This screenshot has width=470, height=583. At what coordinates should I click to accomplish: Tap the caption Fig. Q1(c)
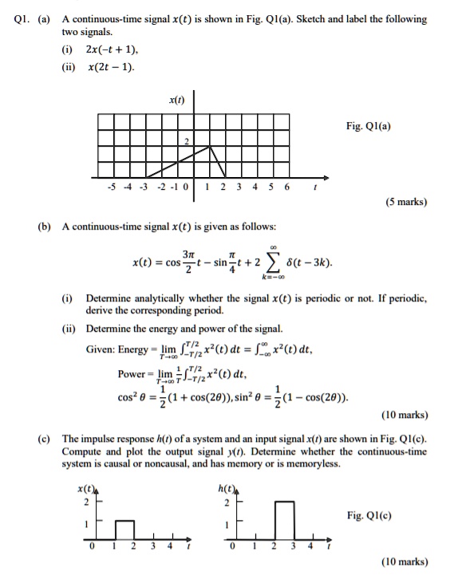click(369, 515)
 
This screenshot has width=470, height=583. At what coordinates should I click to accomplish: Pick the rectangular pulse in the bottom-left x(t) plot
click(124, 530)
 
